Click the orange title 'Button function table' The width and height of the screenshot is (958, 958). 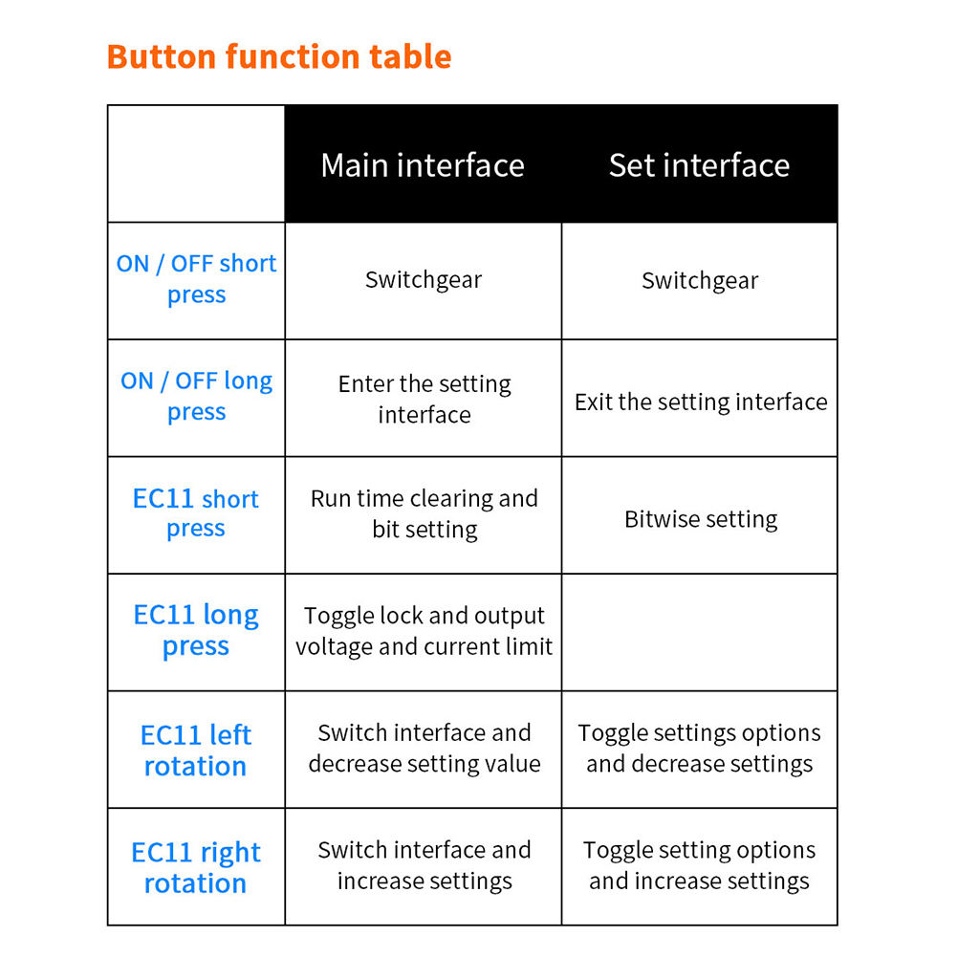click(x=279, y=56)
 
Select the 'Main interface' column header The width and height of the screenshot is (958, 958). click(x=423, y=165)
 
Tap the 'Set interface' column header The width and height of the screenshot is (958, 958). click(x=699, y=165)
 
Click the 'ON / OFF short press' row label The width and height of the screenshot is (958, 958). click(x=196, y=278)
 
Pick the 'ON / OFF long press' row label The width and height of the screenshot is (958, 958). click(x=196, y=396)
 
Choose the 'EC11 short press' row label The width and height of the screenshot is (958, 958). click(x=196, y=513)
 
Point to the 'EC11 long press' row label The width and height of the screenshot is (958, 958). click(x=196, y=630)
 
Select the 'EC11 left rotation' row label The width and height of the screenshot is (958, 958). click(x=196, y=751)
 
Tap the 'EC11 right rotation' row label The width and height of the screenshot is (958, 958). click(x=196, y=867)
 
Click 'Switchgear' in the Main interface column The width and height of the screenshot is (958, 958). click(x=424, y=280)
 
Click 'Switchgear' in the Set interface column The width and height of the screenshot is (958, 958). click(x=700, y=280)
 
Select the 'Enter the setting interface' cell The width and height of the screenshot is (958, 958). click(x=424, y=399)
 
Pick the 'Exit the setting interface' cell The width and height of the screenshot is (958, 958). click(x=701, y=402)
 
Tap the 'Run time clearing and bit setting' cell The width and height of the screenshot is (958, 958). click(x=424, y=513)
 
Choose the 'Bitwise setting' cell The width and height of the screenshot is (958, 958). click(x=701, y=519)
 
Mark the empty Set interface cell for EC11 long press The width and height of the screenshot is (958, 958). click(x=700, y=632)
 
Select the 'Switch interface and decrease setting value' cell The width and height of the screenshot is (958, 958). click(x=424, y=749)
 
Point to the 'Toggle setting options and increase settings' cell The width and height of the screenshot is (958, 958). click(x=699, y=866)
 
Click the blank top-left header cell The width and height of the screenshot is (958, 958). click(x=196, y=163)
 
